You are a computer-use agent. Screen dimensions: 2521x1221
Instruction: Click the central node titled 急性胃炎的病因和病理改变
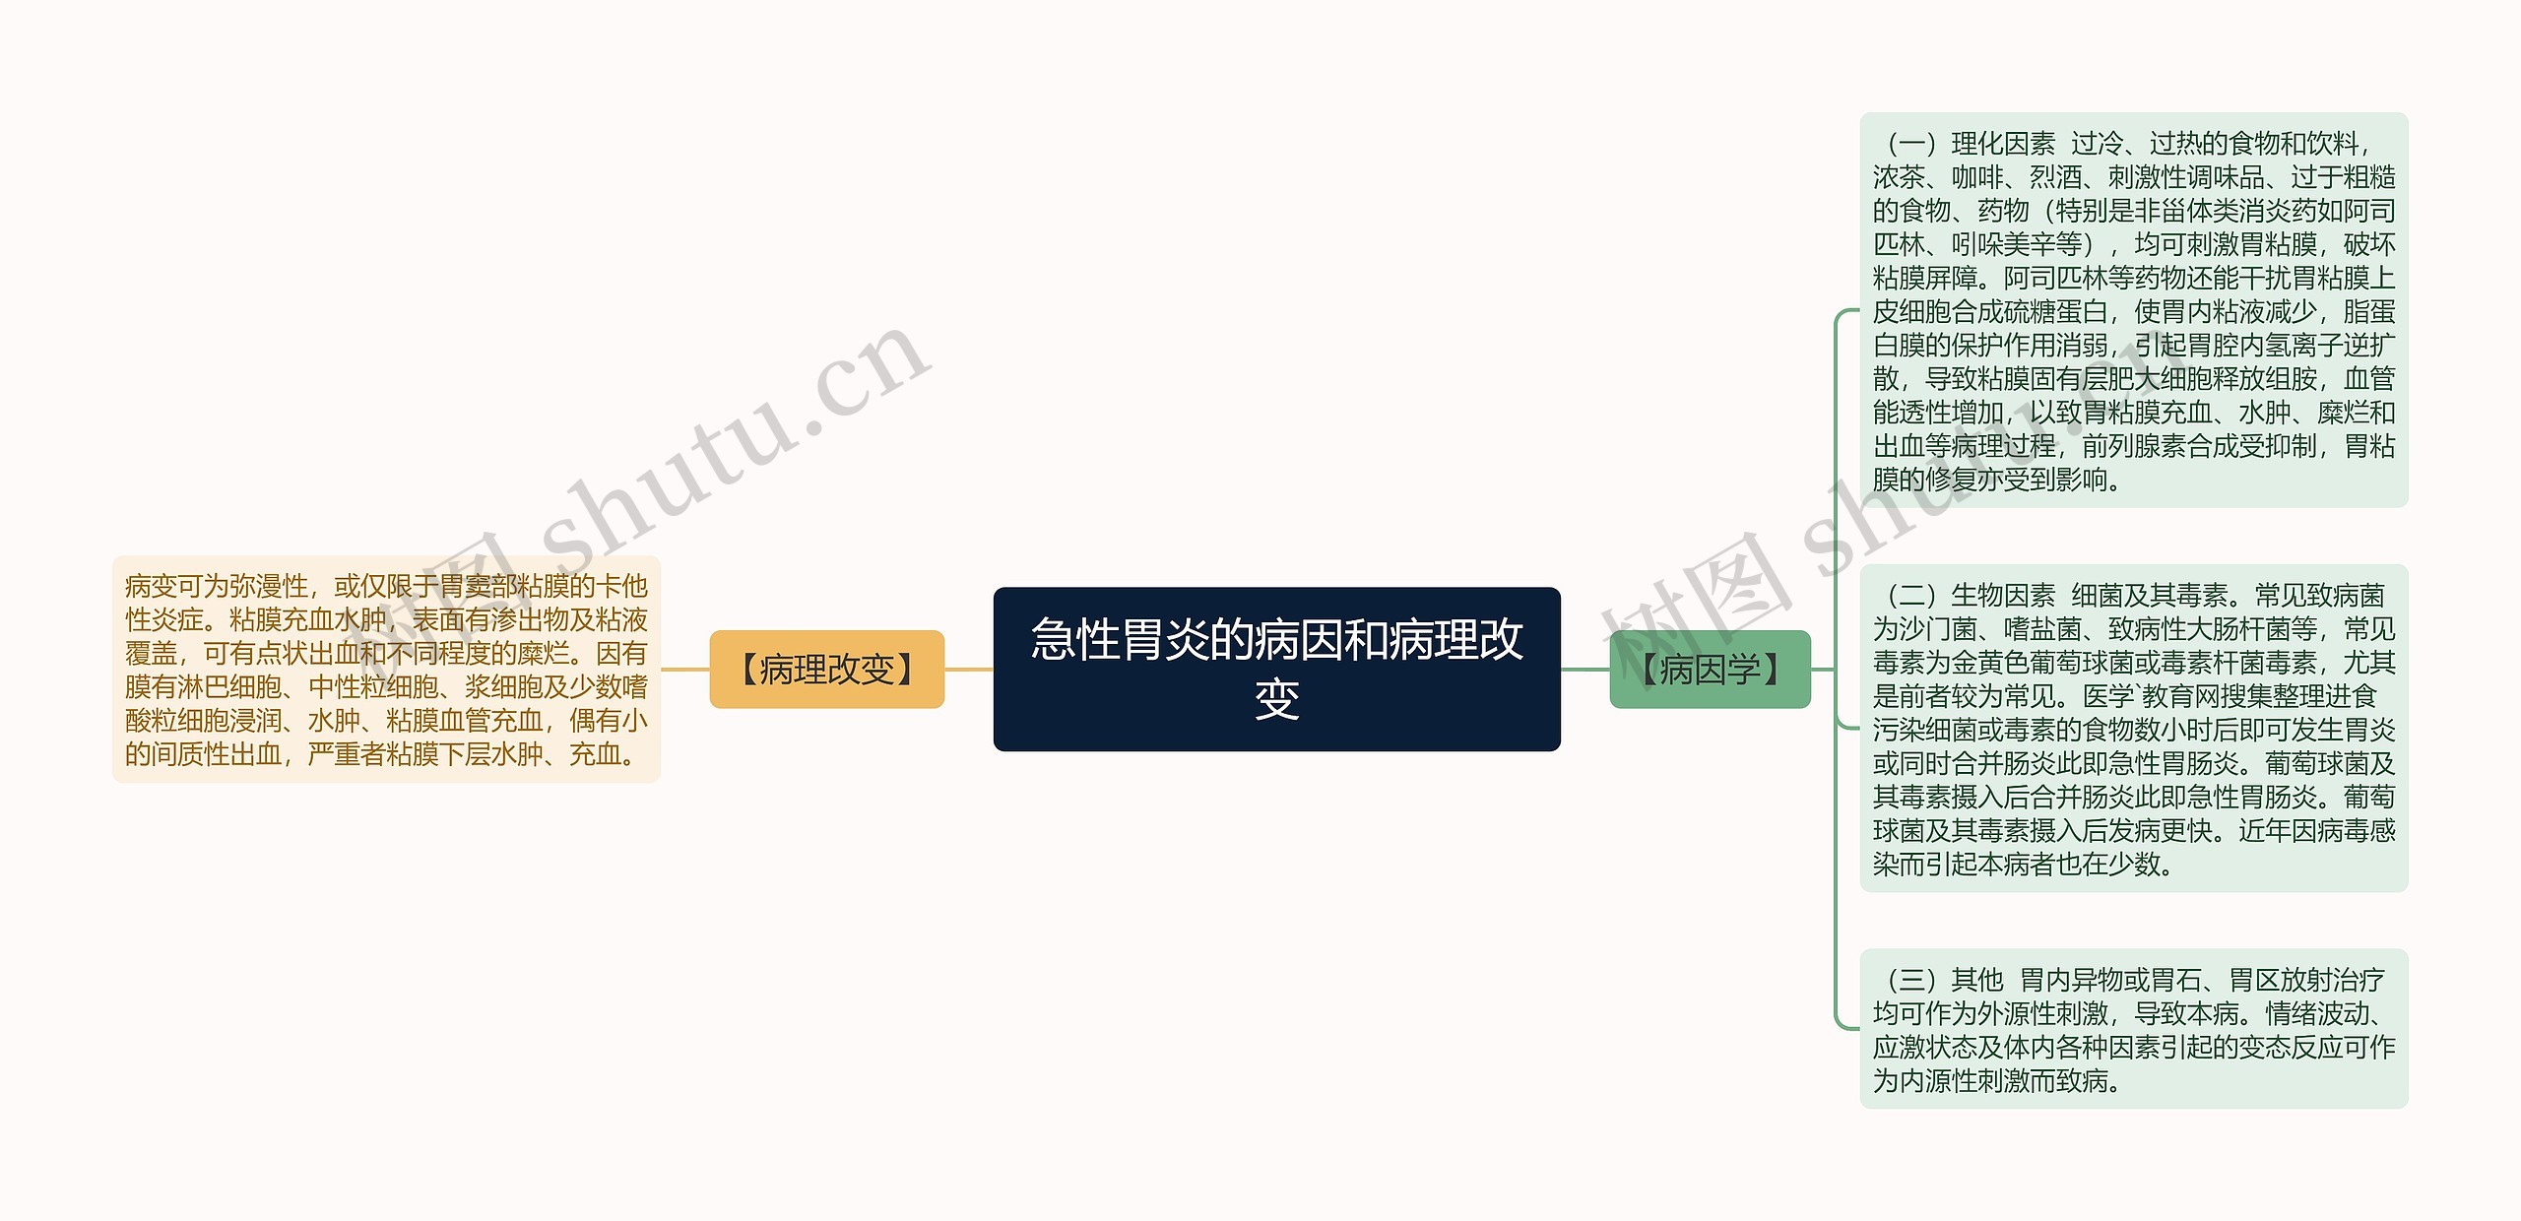pyautogui.click(x=1276, y=669)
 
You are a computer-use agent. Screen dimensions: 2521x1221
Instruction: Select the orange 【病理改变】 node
pyautogui.click(x=826, y=670)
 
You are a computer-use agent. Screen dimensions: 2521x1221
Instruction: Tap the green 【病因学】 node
pyautogui.click(x=1710, y=670)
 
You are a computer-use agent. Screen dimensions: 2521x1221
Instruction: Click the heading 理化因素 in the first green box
pyautogui.click(x=2003, y=144)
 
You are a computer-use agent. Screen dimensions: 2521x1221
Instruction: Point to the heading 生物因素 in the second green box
pyautogui.click(x=2003, y=596)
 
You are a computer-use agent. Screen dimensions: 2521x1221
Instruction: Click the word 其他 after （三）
pyautogui.click(x=1977, y=980)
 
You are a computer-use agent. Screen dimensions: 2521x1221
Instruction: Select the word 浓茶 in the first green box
pyautogui.click(x=1899, y=177)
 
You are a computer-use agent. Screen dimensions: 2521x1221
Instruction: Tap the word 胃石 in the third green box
pyautogui.click(x=2176, y=980)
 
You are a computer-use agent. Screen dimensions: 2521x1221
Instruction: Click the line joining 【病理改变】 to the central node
pyautogui.click(x=969, y=670)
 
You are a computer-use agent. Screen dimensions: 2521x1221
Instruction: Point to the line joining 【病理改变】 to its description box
pyautogui.click(x=685, y=670)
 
